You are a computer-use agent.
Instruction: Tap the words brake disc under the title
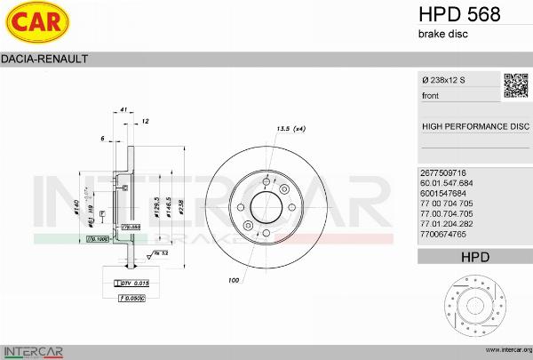coord(442,34)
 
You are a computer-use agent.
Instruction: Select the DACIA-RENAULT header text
coord(43,60)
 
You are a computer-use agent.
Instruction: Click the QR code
coord(516,84)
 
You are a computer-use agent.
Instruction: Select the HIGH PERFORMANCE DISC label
coord(474,126)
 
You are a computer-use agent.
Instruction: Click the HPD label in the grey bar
coord(474,257)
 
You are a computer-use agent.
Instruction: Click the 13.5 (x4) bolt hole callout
coord(292,130)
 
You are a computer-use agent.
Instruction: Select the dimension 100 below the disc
coord(234,281)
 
